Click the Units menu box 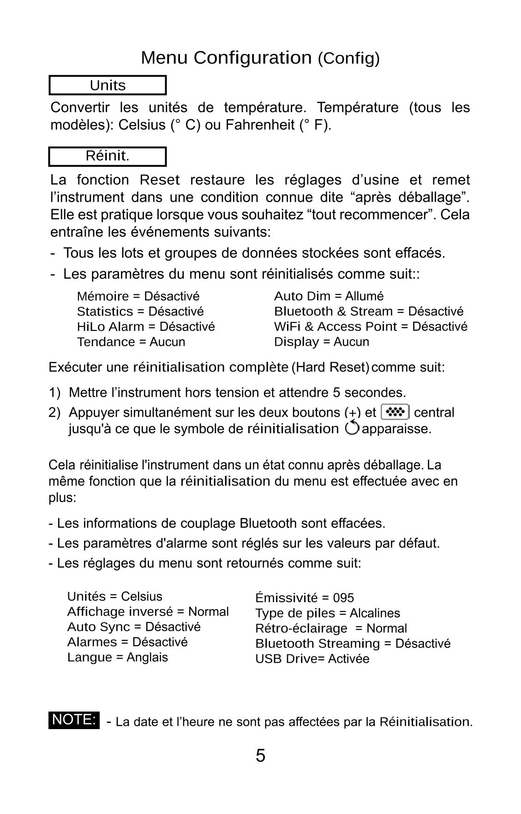(x=108, y=85)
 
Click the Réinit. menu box (x=108, y=156)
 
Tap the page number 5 (x=260, y=755)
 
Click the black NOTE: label (x=74, y=720)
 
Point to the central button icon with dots (x=395, y=412)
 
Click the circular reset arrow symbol (x=352, y=428)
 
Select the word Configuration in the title (x=252, y=58)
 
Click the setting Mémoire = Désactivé (x=138, y=296)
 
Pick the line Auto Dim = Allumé (x=329, y=296)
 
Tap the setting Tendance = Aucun (x=131, y=342)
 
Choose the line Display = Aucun (x=322, y=342)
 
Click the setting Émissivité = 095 (x=305, y=598)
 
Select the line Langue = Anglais (x=118, y=657)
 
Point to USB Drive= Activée (x=312, y=659)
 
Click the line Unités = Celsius (x=115, y=597)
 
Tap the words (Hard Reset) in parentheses (x=330, y=368)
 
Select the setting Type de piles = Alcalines (x=328, y=613)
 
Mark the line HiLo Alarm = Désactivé (x=146, y=327)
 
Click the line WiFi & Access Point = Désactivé (x=371, y=327)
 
